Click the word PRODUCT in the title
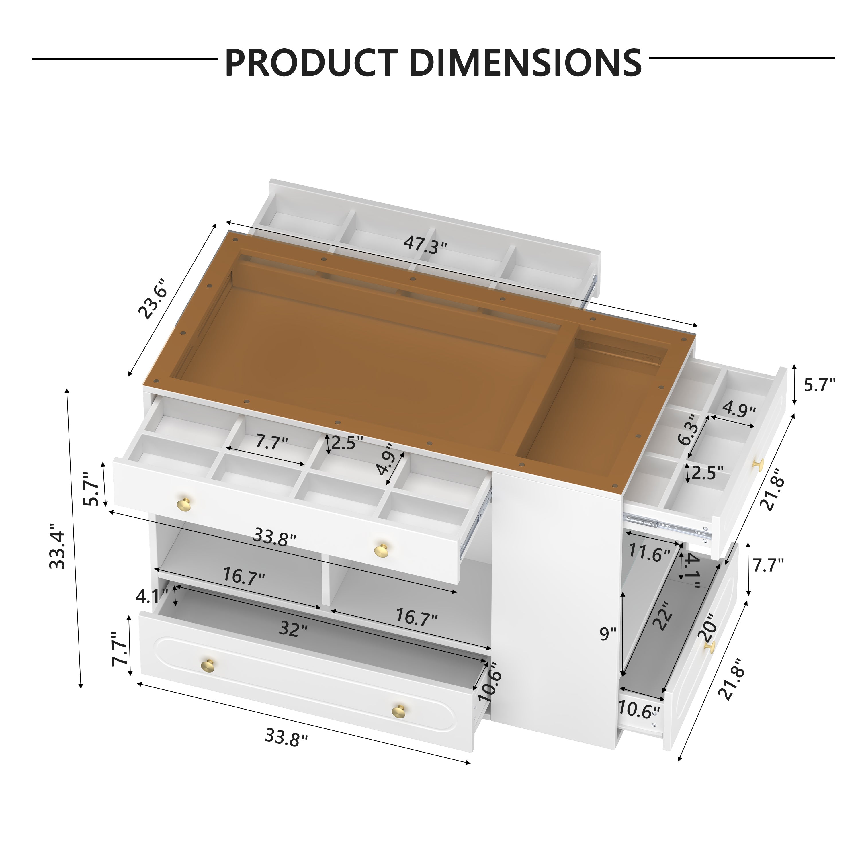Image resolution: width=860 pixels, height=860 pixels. (x=311, y=63)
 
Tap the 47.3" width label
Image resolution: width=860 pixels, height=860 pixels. (x=425, y=245)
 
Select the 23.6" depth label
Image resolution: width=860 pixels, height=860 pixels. (x=153, y=299)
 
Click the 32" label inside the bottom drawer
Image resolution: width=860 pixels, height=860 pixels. (x=293, y=629)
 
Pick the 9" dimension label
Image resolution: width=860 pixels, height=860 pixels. (x=608, y=634)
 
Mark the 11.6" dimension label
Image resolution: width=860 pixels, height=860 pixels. (x=649, y=553)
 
